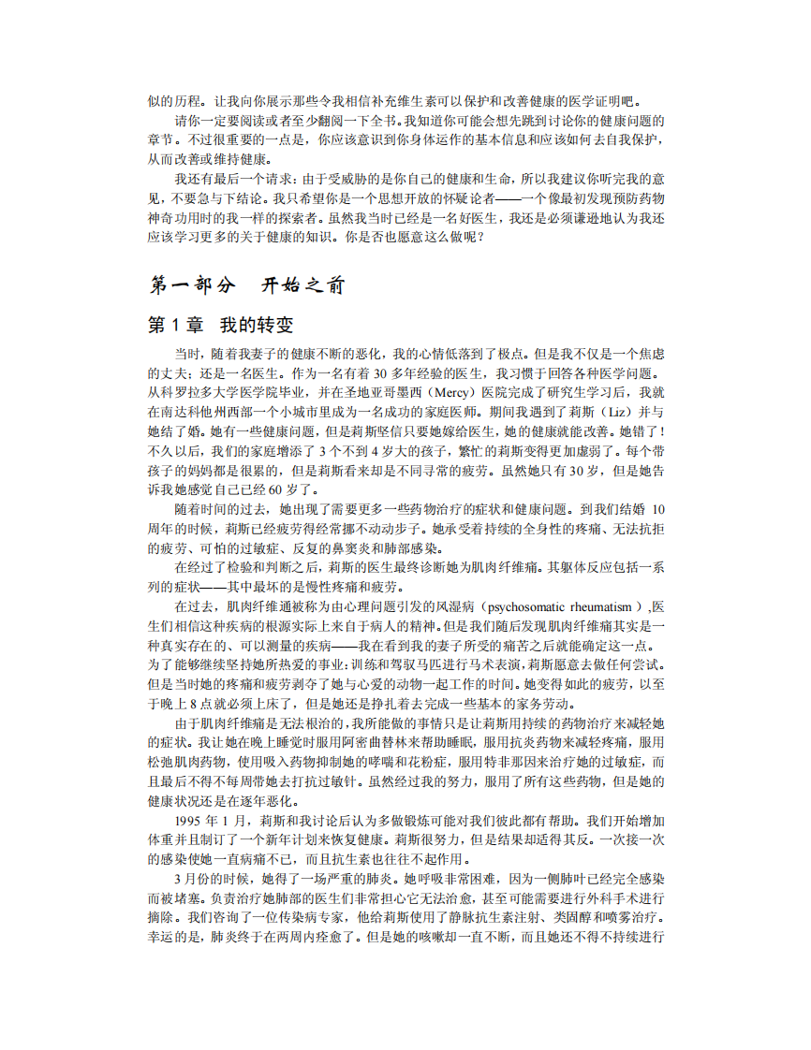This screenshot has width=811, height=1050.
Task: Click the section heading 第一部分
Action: coord(193,284)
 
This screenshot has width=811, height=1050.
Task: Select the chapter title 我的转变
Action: coord(257,325)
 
